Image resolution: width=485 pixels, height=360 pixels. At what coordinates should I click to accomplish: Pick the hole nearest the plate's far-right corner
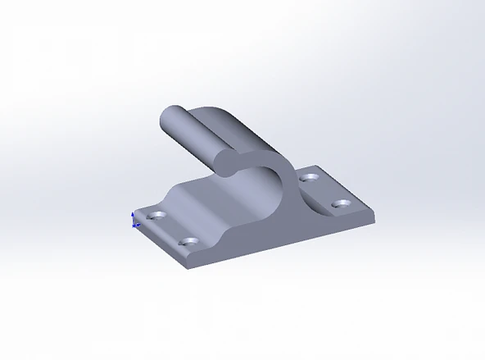pos(341,203)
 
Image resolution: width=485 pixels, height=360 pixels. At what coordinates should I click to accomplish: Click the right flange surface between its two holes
pos(325,189)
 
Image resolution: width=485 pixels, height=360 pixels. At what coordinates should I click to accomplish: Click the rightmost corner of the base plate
pos(376,215)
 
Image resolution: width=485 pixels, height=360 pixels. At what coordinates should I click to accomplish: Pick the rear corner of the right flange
pos(320,166)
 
